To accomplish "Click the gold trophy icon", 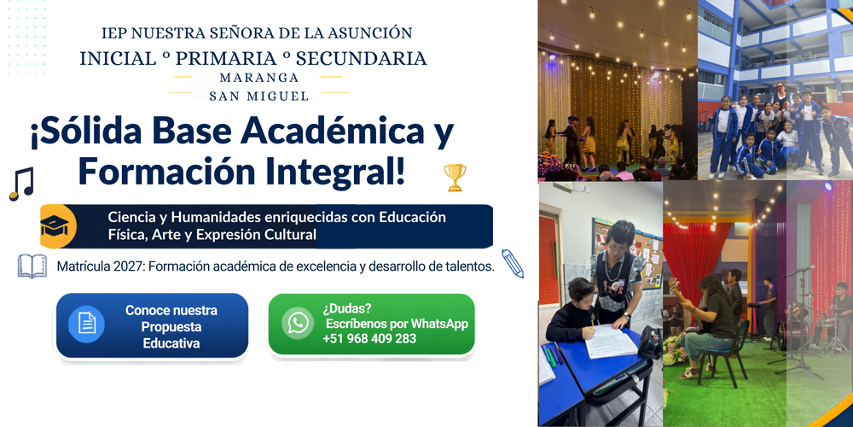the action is pyautogui.click(x=455, y=178).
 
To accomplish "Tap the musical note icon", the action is pyautogui.click(x=22, y=184).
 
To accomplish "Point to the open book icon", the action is pyautogui.click(x=32, y=266).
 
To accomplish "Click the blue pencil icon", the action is pyautogui.click(x=513, y=264).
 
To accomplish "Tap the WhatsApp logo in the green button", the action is pyautogui.click(x=298, y=323).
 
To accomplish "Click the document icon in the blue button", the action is pyautogui.click(x=86, y=324).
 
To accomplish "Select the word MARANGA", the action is pyautogui.click(x=259, y=78).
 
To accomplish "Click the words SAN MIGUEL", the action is pyautogui.click(x=259, y=97).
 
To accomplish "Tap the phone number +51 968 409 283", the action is pyautogui.click(x=369, y=339).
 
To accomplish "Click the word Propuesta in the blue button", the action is pyautogui.click(x=171, y=327).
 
